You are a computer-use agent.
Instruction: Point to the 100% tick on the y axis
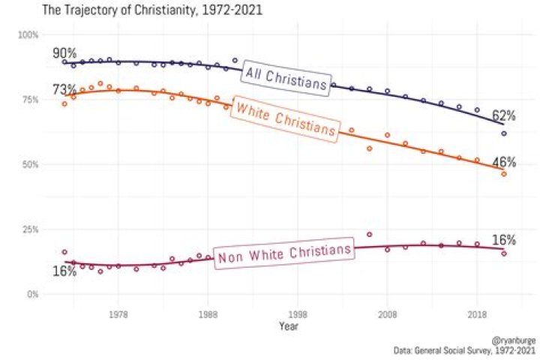click(28, 35)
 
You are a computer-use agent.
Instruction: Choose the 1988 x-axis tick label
click(208, 314)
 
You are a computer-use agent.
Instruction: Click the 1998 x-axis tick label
click(298, 314)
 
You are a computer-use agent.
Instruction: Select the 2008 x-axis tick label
click(387, 314)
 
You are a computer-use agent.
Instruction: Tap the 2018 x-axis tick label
click(477, 314)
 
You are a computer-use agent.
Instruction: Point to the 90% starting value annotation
click(64, 53)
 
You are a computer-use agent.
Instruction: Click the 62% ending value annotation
click(503, 115)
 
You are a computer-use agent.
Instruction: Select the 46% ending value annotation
click(503, 163)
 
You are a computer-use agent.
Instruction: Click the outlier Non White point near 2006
click(369, 235)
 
